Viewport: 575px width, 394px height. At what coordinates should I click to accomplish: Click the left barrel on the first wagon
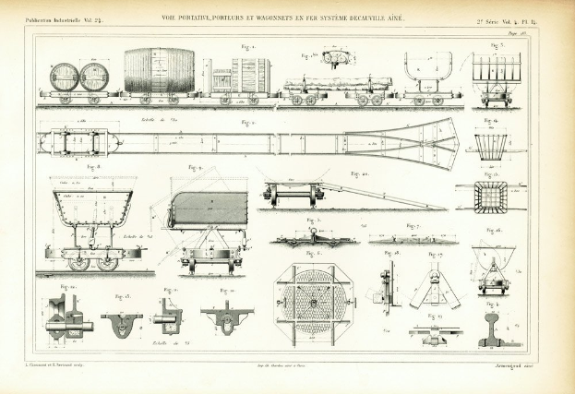point(65,77)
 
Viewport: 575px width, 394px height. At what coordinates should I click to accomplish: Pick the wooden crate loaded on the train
point(250,74)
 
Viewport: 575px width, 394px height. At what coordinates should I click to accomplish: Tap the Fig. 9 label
point(194,168)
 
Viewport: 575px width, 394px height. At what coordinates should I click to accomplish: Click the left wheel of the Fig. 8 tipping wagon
point(79,263)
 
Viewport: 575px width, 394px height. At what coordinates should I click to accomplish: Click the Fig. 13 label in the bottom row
point(121,297)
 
